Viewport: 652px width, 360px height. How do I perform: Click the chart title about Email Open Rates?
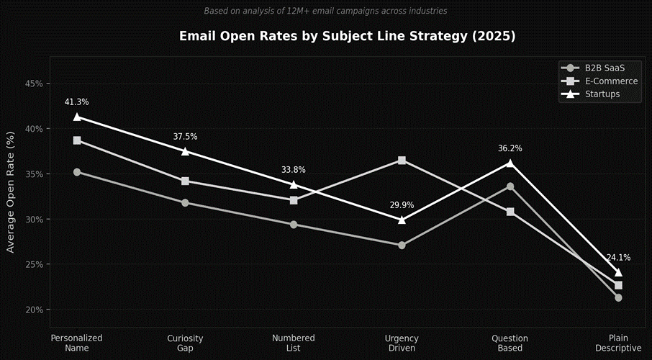pyautogui.click(x=347, y=36)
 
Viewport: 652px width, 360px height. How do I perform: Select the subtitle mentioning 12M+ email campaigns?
pyautogui.click(x=325, y=11)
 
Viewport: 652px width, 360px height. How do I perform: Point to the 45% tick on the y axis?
pyautogui.click(x=33, y=84)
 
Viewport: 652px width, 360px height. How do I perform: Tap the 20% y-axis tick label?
pyautogui.click(x=33, y=310)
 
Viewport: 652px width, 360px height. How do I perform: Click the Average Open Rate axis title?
pyautogui.click(x=10, y=192)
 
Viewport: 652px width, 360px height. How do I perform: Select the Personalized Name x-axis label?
pyautogui.click(x=76, y=343)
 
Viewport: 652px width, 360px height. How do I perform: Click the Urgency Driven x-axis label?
pyautogui.click(x=402, y=343)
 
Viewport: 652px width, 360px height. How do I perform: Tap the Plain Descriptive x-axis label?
pyautogui.click(x=618, y=343)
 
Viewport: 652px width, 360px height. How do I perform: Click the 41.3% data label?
pyautogui.click(x=76, y=102)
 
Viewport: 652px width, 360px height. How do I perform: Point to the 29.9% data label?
pyautogui.click(x=402, y=205)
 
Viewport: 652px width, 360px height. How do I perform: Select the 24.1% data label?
pyautogui.click(x=618, y=257)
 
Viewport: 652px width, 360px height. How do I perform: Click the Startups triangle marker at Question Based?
pyautogui.click(x=510, y=163)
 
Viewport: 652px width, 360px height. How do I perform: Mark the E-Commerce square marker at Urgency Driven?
pyautogui.click(x=402, y=160)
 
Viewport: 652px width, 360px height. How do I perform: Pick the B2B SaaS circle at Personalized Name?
pyautogui.click(x=77, y=172)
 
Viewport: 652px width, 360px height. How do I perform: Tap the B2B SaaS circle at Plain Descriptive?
pyautogui.click(x=618, y=297)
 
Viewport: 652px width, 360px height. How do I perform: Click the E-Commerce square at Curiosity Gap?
pyautogui.click(x=185, y=181)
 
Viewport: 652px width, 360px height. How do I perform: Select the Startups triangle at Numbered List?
pyautogui.click(x=294, y=184)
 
